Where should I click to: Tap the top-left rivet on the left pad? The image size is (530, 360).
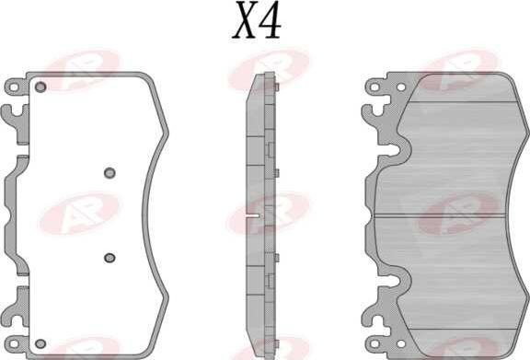pos(40,87)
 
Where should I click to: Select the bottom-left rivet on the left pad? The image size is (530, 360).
pos(40,344)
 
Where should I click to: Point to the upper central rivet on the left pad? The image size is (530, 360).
pos(109,173)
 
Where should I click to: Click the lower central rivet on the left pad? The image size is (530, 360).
pos(109,258)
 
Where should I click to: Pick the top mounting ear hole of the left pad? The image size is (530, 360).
pos(14,87)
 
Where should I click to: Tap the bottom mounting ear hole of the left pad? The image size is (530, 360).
pos(14,344)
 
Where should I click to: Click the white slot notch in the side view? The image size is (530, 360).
pos(252,215)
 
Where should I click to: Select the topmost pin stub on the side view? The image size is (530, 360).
pos(276,87)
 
